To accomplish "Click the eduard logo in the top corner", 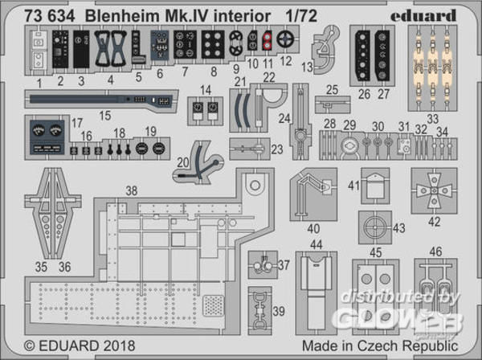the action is pos(423,15).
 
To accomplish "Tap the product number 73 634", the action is pos(50,16).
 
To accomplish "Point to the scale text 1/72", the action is pos(301,16).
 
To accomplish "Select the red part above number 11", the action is pos(267,41).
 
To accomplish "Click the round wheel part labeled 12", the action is pos(285,39).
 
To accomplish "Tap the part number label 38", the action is pos(132,190).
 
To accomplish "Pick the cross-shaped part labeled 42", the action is pos(434,190).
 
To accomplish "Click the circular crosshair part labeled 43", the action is pos(375,227).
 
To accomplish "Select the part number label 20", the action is pos(183,162).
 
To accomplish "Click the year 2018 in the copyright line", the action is pos(119,346).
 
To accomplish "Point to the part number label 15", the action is pos(105,116).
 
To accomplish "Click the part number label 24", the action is pos(284,118).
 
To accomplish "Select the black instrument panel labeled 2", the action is pos(60,49).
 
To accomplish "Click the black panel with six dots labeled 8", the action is pos(213,44).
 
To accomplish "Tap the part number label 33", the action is pos(432,119).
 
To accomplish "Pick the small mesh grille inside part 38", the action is pos(213,305).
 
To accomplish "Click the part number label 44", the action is pos(317,244).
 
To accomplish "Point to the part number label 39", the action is pos(279,311).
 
